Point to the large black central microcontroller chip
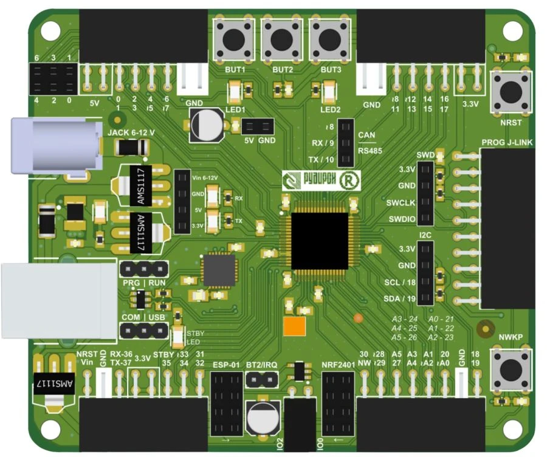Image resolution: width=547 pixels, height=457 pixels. coord(319,241)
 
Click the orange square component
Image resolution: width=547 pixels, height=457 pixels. coord(294,325)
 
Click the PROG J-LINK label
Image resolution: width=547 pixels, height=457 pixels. coord(507,143)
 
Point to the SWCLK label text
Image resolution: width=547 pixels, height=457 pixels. coord(400,202)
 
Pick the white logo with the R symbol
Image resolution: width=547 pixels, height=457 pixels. coord(321,180)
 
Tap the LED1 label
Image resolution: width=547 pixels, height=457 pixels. coord(235,110)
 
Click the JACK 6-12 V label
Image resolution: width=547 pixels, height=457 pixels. coord(131,132)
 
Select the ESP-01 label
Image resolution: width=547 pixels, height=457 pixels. coord(227,365)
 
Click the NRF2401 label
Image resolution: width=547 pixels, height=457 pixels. coord(337,365)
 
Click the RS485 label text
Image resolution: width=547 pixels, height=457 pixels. coord(369,149)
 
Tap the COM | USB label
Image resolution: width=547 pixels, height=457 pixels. coord(143,317)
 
